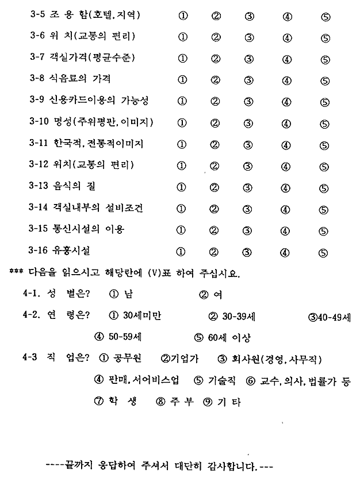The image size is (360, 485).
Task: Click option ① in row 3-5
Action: [182, 16]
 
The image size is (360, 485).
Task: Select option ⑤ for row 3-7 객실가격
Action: [325, 59]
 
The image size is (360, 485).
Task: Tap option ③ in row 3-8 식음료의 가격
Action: [248, 79]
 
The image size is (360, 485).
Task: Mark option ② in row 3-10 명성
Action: [215, 123]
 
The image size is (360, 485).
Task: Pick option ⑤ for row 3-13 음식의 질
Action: [325, 187]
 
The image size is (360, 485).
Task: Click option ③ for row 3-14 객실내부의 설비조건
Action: [248, 209]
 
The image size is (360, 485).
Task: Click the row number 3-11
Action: [40, 144]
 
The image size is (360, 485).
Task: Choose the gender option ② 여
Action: [211, 295]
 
